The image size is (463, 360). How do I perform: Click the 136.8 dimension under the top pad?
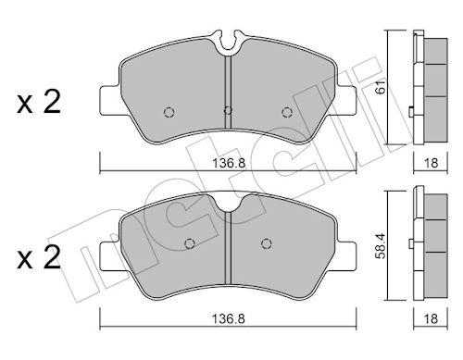229,163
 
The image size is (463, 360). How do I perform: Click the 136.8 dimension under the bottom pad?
229,318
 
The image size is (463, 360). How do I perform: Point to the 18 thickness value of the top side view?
432,163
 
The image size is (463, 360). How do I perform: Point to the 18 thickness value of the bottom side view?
432,318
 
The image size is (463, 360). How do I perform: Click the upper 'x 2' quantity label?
39,103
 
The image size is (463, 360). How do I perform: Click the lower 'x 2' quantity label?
39,258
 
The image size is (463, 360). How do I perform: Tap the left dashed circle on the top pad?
169,112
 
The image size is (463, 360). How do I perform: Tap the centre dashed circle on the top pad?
228,110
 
